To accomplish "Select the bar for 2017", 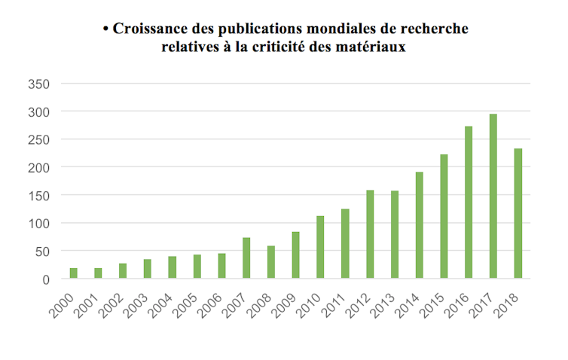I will tap(493, 197).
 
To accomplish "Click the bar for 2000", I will tap(73, 273).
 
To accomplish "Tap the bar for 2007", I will tap(246, 258).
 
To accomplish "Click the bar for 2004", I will tap(173, 267).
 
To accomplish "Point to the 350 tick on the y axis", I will tap(39, 84).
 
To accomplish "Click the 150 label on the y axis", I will tap(39, 195).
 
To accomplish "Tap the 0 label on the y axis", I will tap(46, 279).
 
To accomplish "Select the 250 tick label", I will tap(39, 139).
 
